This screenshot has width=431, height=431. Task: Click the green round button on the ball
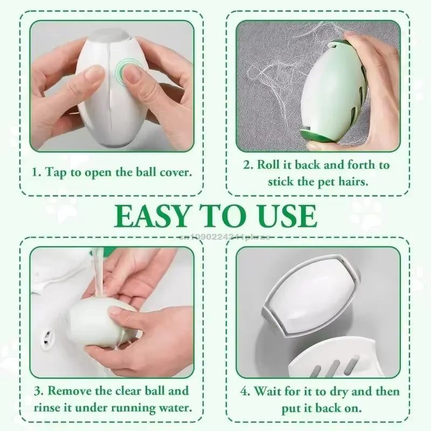[x=129, y=71]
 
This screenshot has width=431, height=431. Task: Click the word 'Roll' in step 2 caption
[x=269, y=164]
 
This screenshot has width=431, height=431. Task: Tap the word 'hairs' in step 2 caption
[x=352, y=181]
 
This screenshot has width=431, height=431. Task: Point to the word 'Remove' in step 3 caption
[x=69, y=390]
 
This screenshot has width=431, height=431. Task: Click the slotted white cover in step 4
[x=334, y=361]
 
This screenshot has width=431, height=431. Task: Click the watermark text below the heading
[x=215, y=235]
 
